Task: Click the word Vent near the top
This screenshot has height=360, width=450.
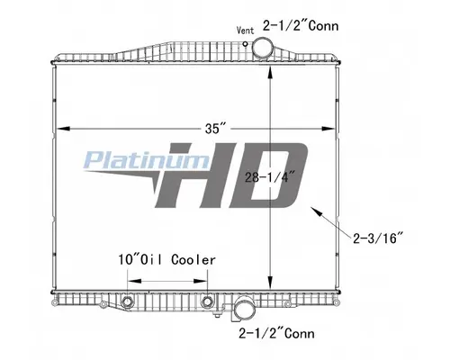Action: coord(245,29)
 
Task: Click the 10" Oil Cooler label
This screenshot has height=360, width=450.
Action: coord(166,259)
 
